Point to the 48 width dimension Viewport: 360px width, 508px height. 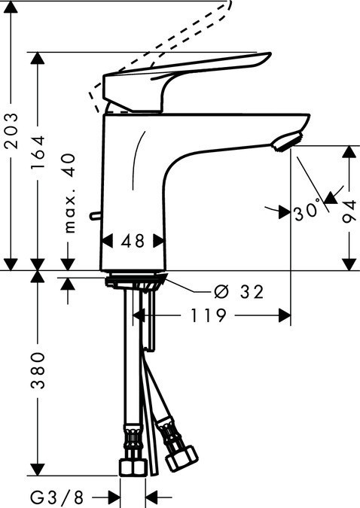pos(133,241)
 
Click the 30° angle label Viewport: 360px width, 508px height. pos(308,211)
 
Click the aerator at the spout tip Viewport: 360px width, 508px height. pos(288,141)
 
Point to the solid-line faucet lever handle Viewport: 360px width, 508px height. pos(188,75)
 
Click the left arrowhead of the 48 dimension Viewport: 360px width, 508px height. pos(106,241)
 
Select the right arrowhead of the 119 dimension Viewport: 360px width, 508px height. pos(285,316)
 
